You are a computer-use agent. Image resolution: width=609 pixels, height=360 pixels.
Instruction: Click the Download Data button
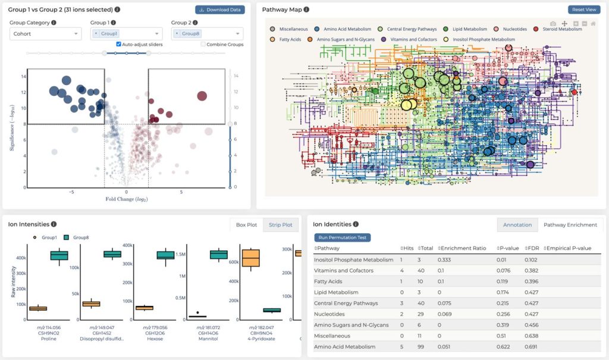pos(219,10)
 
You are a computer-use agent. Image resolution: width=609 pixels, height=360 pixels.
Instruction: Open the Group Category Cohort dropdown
pos(45,34)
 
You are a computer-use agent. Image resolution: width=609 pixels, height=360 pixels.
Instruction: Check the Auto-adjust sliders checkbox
pos(119,45)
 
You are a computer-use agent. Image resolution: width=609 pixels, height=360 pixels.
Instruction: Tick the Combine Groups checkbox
pos(203,45)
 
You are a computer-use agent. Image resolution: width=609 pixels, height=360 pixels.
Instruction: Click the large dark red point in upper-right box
pos(202,96)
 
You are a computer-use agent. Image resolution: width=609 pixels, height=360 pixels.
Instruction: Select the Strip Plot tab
pos(280,225)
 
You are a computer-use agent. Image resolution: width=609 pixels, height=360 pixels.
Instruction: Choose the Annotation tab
pos(517,225)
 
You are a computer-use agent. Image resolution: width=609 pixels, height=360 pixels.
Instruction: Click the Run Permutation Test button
pos(342,237)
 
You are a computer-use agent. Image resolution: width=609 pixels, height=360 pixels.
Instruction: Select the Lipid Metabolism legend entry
pos(469,29)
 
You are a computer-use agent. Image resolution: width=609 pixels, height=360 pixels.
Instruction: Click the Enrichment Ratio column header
pos(460,248)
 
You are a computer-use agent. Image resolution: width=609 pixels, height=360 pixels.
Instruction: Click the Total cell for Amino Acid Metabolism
pos(423,347)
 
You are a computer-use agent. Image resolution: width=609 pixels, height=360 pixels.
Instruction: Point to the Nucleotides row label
pos(333,314)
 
